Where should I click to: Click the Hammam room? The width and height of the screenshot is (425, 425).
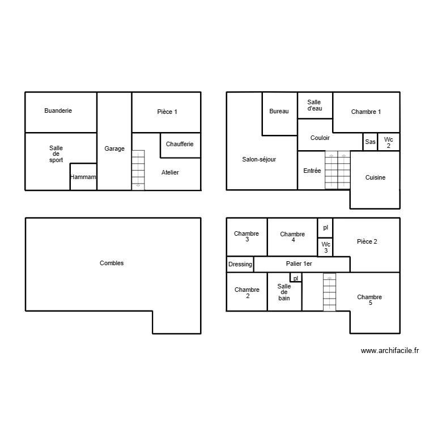pyautogui.click(x=83, y=177)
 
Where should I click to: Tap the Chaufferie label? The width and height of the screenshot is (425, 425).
pyautogui.click(x=180, y=144)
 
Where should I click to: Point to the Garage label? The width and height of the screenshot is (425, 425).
pyautogui.click(x=114, y=149)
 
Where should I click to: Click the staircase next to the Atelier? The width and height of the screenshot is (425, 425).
pyautogui.click(x=138, y=169)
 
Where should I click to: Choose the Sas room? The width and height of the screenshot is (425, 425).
pyautogui.click(x=370, y=142)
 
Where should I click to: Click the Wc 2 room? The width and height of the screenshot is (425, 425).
pyautogui.click(x=388, y=142)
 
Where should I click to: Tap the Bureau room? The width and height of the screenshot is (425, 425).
pyautogui.click(x=279, y=112)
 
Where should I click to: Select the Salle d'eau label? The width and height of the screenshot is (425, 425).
pyautogui.click(x=314, y=105)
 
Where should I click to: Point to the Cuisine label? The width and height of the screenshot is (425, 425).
pyautogui.click(x=375, y=177)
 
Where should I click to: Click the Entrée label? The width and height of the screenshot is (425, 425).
pyautogui.click(x=312, y=171)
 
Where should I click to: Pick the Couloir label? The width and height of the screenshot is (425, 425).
pyautogui.click(x=320, y=138)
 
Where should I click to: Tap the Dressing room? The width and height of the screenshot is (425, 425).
pyautogui.click(x=240, y=264)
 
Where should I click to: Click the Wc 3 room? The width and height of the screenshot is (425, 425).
pyautogui.click(x=325, y=247)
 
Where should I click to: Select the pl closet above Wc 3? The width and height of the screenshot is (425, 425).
pyautogui.click(x=325, y=227)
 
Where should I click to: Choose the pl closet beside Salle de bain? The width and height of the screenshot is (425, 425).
pyautogui.click(x=296, y=278)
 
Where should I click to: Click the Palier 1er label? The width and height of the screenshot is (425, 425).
pyautogui.click(x=300, y=264)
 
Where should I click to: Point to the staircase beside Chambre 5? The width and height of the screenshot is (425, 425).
pyautogui.click(x=329, y=292)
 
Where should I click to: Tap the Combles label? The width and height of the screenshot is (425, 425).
pyautogui.click(x=112, y=263)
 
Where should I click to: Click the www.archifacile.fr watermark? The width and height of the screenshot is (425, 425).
pyautogui.click(x=389, y=351)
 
